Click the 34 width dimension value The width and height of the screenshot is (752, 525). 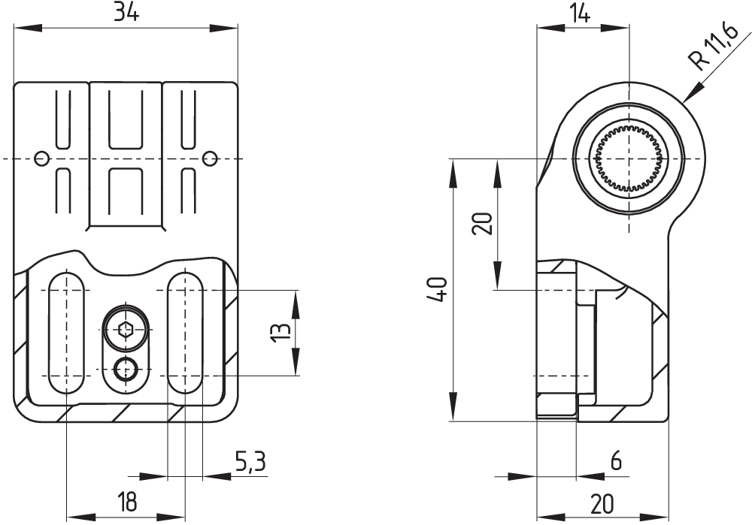pos(126,13)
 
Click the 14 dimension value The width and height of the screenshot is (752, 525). pos(580,13)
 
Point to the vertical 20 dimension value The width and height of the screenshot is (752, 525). pos(484,223)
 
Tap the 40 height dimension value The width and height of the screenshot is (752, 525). pos(440,289)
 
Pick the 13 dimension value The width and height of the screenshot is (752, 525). pos(277,331)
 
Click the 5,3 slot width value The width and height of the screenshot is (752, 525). pos(250,462)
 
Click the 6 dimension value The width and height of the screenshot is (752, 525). pos(616,462)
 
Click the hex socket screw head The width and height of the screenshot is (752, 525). pos(125,329)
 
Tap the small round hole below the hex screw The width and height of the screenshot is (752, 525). pos(125,369)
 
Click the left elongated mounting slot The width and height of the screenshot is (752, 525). pos(66,333)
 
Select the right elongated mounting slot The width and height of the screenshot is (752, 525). pos(184,333)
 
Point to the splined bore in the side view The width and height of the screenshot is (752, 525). pos(627,158)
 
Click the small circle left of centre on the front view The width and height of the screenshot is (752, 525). pos(43,158)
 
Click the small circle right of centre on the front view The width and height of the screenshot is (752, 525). pos(210,158)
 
